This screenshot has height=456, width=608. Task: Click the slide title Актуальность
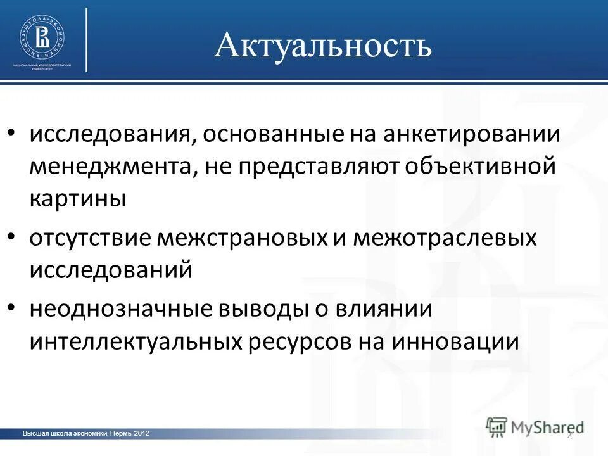click(323, 46)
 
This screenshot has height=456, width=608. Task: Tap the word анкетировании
click(481, 135)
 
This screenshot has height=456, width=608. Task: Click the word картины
click(77, 198)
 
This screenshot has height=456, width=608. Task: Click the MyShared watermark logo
click(535, 426)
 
